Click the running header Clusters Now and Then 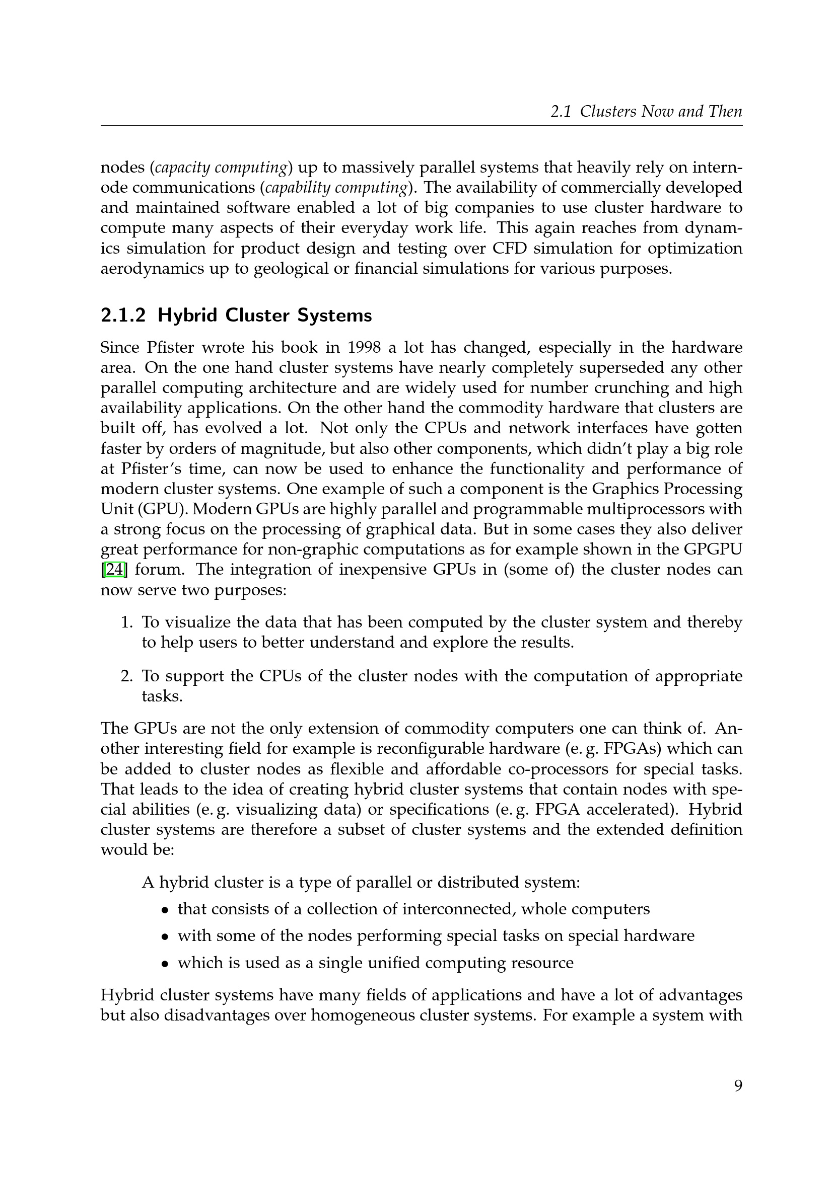(x=661, y=111)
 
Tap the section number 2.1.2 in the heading (x=123, y=316)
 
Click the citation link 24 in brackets (x=114, y=570)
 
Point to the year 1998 (x=364, y=348)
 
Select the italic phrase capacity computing (x=221, y=168)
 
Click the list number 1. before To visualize (x=127, y=622)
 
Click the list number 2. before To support (x=127, y=676)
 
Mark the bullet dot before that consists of (x=165, y=910)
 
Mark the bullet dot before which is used (x=165, y=964)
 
